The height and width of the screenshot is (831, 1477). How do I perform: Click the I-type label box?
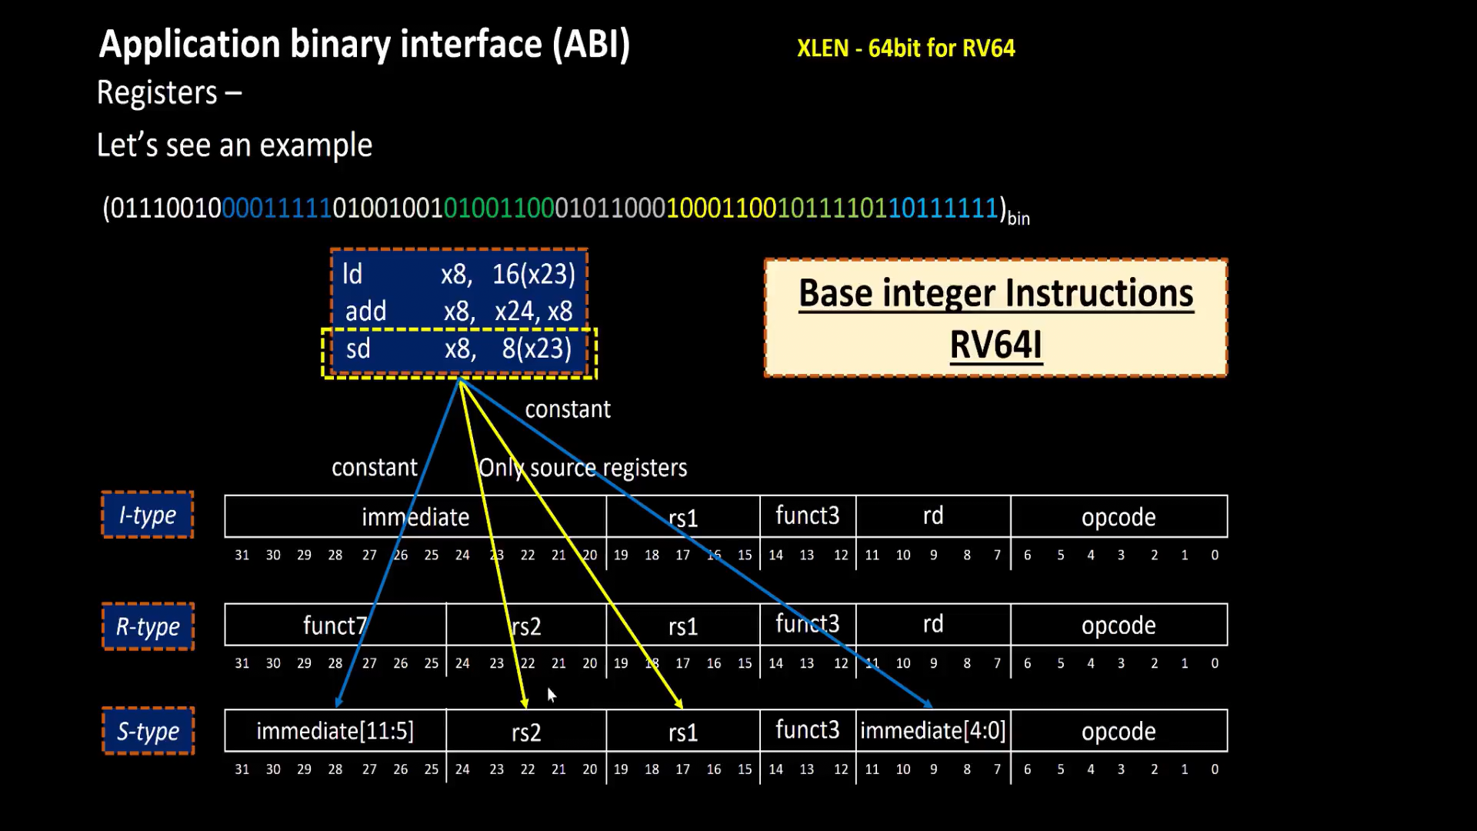click(147, 515)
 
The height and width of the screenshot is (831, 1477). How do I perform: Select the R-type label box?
click(148, 626)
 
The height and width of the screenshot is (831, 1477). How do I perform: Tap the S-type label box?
click(148, 731)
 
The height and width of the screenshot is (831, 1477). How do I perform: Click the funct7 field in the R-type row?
click(335, 625)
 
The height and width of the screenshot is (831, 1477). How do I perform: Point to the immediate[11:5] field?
click(335, 731)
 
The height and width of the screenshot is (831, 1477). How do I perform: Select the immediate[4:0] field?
click(932, 731)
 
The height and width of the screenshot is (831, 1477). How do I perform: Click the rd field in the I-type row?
click(932, 516)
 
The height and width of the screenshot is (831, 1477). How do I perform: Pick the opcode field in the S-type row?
click(1118, 731)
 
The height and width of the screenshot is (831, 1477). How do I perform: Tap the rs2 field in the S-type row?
click(526, 732)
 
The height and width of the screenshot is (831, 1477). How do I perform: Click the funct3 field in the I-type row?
click(807, 516)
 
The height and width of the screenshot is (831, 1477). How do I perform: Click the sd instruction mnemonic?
click(358, 349)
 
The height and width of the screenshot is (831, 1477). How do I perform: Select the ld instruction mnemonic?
click(352, 275)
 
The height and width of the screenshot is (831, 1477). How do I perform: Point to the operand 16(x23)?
click(533, 275)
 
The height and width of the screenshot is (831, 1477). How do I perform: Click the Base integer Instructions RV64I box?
click(995, 318)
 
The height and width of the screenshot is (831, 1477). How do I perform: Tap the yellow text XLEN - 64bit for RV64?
click(905, 48)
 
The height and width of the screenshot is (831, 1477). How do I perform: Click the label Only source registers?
click(582, 468)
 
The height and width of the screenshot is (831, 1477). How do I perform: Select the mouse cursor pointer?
click(551, 695)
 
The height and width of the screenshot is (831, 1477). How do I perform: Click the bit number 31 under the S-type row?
click(242, 769)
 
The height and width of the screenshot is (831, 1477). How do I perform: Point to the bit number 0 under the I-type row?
click(1215, 555)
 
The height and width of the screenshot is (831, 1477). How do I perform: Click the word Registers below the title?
click(158, 93)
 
